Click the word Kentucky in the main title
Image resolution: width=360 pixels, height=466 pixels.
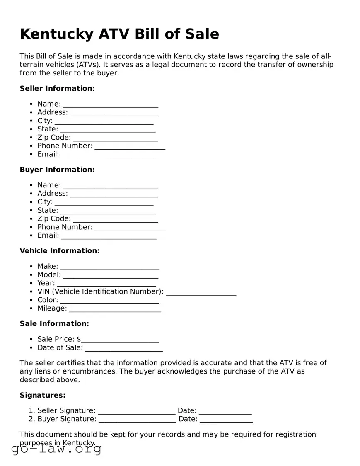[56, 34]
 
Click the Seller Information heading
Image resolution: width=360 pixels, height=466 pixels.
[57, 88]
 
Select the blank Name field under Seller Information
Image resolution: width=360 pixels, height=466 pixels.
[110, 104]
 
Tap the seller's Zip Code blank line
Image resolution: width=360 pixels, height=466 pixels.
[115, 138]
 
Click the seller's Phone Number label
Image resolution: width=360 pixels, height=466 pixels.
[65, 146]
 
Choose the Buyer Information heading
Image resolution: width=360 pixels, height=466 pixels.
[57, 170]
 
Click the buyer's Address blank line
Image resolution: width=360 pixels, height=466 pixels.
[114, 194]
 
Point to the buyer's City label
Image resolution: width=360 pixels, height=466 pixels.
[45, 202]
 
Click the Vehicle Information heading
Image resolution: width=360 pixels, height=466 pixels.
[60, 251]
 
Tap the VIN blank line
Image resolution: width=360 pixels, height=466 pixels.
[201, 292]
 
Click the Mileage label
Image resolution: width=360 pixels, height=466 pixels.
[52, 308]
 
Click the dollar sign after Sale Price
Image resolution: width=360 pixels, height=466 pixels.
[79, 339]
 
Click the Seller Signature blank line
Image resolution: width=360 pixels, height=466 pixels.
[136, 411]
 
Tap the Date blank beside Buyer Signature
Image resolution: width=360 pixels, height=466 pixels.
[226, 420]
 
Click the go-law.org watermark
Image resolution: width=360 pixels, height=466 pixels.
[56, 449]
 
